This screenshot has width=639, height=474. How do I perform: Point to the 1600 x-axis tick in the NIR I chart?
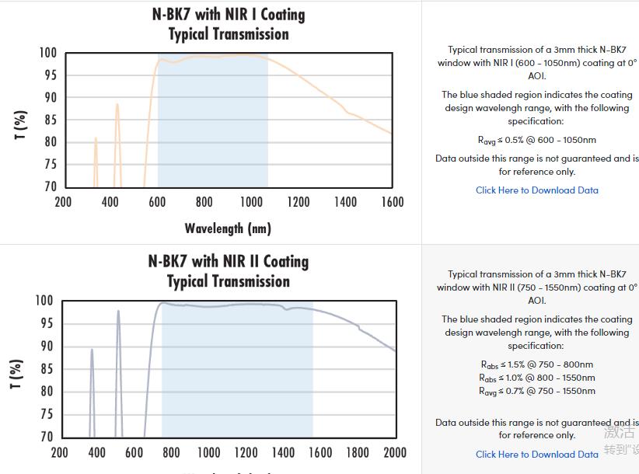tap(393, 203)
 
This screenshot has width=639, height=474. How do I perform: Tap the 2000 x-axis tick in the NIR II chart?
tap(395, 453)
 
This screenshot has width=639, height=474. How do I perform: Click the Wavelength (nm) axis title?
tap(228, 228)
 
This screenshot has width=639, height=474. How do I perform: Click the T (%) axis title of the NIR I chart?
tap(21, 124)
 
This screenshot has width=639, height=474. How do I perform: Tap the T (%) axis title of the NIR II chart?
tap(17, 374)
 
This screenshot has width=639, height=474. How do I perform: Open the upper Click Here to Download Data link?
tap(537, 190)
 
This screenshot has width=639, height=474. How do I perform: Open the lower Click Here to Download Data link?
tap(537, 455)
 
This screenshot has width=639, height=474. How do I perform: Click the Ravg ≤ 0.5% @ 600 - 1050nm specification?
tap(537, 141)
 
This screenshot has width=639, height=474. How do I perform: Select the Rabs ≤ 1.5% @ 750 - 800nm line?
tap(537, 364)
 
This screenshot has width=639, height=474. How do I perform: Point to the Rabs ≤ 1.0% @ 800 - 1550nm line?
tap(537, 378)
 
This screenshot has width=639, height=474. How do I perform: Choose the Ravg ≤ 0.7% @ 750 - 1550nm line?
tap(537, 391)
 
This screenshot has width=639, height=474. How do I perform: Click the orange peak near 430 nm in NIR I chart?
tap(117, 106)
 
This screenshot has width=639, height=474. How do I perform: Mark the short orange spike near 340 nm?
tap(96, 140)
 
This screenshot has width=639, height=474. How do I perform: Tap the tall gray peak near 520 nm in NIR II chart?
tap(118, 312)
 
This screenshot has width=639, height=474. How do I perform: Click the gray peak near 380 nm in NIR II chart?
tap(92, 351)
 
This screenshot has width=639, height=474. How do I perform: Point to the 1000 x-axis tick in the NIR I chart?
tap(251, 203)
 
